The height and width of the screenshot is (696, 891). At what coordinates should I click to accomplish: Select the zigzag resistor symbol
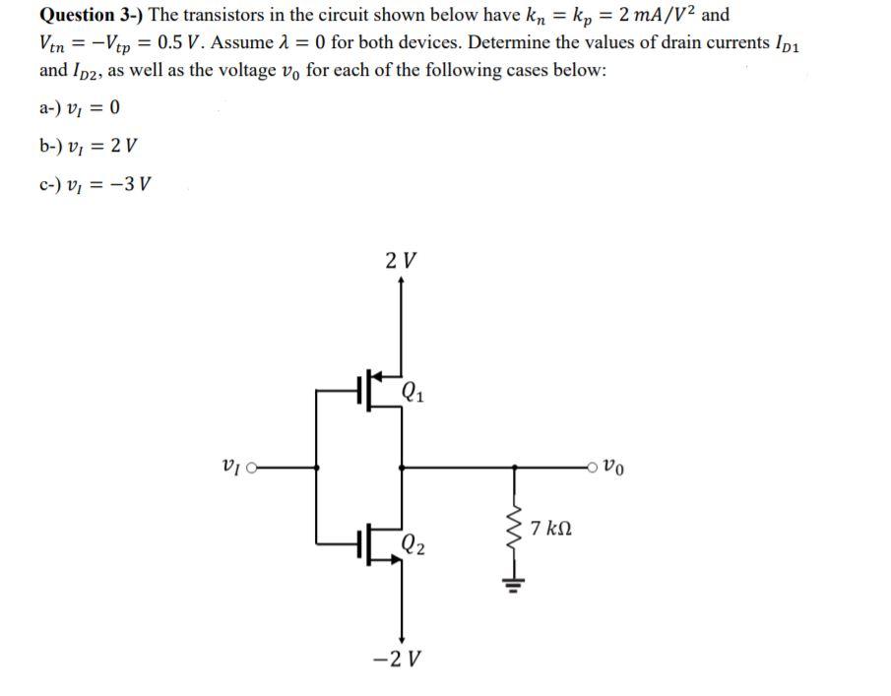512,525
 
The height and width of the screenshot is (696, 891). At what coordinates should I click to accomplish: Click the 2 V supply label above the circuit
400,262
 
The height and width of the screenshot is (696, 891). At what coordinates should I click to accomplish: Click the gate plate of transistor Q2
361,539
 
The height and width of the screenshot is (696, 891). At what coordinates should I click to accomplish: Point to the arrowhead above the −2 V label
400,635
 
